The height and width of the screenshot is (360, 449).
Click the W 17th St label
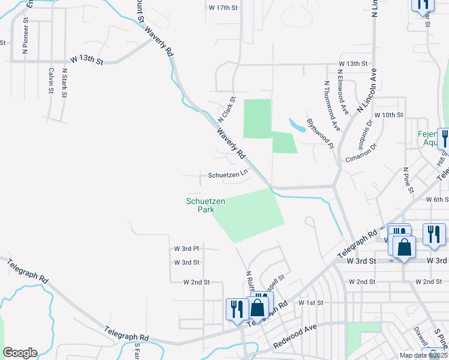point(224,7)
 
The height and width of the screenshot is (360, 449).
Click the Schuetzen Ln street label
point(228,175)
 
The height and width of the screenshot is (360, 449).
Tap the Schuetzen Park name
point(206,206)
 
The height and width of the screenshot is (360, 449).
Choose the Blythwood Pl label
point(320,130)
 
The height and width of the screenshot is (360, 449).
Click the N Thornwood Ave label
point(332,106)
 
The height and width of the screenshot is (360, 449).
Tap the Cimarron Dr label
point(361,152)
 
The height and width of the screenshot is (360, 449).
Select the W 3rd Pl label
point(187,248)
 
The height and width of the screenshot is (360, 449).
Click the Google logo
point(20,353)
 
